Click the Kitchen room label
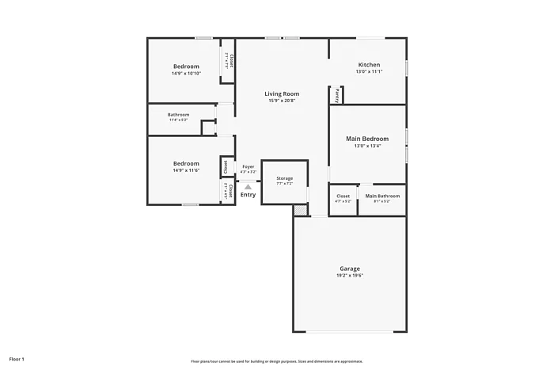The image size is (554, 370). (x=369, y=64)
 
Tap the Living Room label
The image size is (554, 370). (x=281, y=93)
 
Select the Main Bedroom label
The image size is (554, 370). (x=367, y=139)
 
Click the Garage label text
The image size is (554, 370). (x=350, y=269)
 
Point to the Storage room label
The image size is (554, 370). (x=284, y=178)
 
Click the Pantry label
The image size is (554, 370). (x=336, y=95)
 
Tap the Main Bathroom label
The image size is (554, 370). (x=382, y=196)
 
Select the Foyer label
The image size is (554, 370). (x=249, y=166)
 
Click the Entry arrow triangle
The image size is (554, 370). (x=248, y=187)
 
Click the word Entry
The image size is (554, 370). (x=248, y=195)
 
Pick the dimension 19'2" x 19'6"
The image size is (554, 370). (x=350, y=276)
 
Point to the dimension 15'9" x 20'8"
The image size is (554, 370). (x=281, y=101)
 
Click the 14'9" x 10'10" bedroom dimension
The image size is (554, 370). (x=186, y=73)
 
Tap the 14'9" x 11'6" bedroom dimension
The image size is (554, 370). (x=186, y=170)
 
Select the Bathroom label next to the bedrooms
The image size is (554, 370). (x=178, y=115)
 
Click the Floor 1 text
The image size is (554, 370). (x=17, y=360)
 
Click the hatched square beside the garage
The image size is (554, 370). (x=299, y=210)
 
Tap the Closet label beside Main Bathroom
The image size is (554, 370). (x=343, y=196)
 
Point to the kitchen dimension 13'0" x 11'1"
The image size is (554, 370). (x=369, y=71)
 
